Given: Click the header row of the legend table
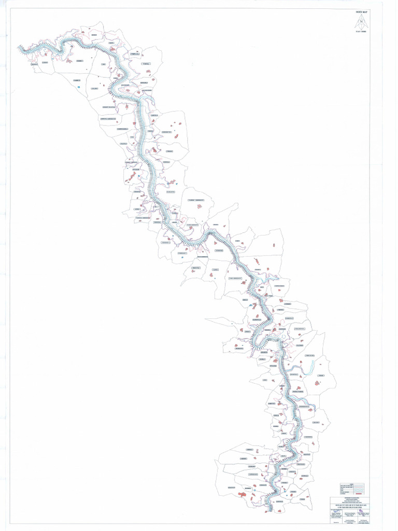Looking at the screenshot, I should coord(352,482).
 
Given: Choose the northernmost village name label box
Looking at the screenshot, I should coord(94,35).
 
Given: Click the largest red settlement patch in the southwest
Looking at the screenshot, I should coord(242,495).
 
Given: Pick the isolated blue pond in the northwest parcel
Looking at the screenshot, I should coord(78,87).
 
